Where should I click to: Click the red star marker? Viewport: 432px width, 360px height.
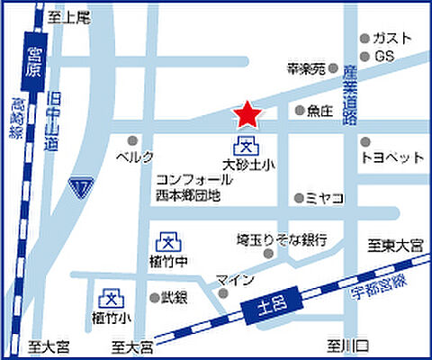tap(247, 114)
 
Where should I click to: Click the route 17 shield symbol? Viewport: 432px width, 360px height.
tap(82, 187)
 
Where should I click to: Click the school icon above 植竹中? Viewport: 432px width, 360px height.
tap(166, 240)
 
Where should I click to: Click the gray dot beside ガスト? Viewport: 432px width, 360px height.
tap(364, 39)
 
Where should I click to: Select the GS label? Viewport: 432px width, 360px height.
tap(385, 56)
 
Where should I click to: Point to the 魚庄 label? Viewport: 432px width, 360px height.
tap(319, 111)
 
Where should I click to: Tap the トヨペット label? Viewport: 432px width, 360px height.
tap(391, 157)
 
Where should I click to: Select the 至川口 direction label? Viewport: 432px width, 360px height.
tap(343, 344)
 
